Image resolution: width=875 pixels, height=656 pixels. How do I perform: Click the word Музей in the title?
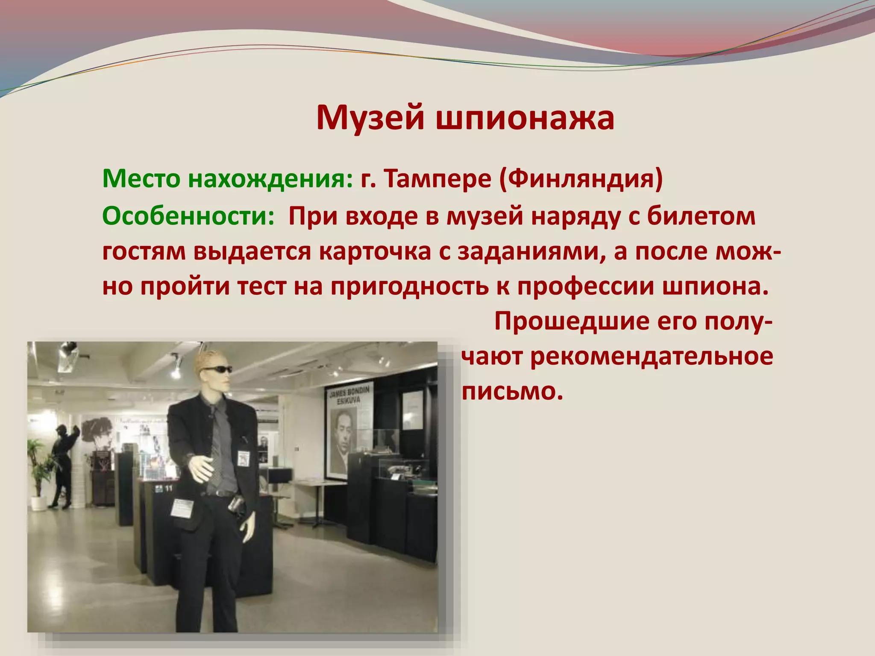[370, 118]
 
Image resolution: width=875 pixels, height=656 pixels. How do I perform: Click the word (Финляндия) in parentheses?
[581, 179]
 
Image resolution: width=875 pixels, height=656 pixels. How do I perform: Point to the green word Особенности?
[188, 216]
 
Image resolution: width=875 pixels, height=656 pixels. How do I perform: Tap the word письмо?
[511, 391]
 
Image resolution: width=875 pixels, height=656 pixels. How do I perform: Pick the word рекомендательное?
[652, 356]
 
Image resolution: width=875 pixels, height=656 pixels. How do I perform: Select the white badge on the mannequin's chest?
[243, 459]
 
